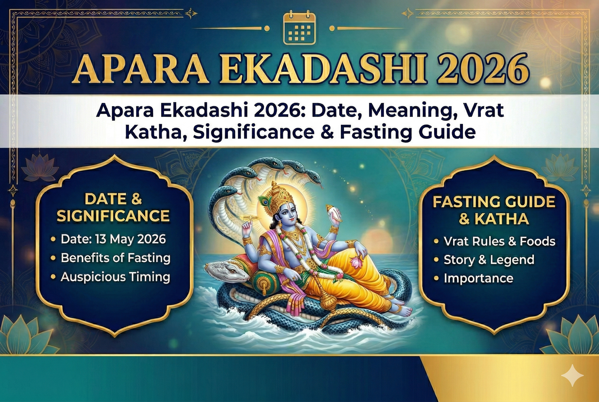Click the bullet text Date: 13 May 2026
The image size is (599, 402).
click(x=113, y=239)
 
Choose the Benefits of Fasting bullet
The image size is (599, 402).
click(x=115, y=258)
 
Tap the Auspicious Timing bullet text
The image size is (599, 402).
click(x=115, y=277)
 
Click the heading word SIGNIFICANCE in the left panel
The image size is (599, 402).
click(x=113, y=216)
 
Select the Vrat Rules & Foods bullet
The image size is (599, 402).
click(x=499, y=242)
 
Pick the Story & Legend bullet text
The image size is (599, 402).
click(x=489, y=260)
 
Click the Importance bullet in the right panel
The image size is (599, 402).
click(x=478, y=279)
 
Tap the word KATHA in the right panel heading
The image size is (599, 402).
click(x=502, y=219)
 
